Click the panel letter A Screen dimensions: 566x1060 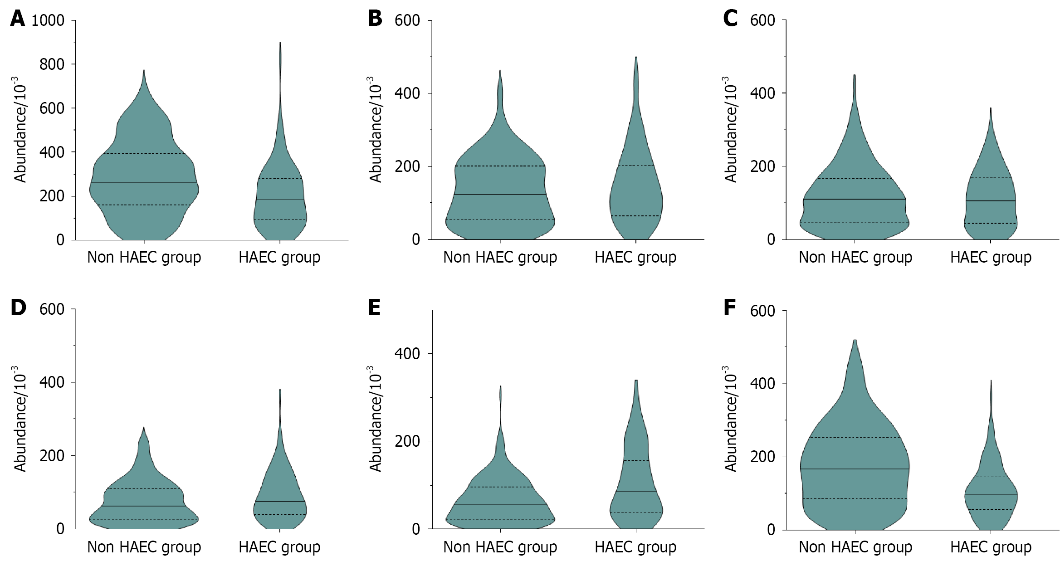(x=17, y=19)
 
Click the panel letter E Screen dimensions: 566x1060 (x=374, y=308)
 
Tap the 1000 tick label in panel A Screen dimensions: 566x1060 (x=48, y=21)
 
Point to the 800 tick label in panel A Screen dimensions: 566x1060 (x=52, y=64)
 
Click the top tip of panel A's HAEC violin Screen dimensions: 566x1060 (x=280, y=44)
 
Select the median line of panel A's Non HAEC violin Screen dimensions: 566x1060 (x=144, y=182)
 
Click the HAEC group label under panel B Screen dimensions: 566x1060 (x=635, y=258)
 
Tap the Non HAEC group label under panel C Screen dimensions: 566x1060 (x=855, y=258)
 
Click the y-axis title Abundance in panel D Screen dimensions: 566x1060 (x=20, y=417)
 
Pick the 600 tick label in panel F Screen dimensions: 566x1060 (x=762, y=311)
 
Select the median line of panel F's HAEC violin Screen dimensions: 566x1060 (x=991, y=495)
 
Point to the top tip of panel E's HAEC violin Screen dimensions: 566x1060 (x=636, y=381)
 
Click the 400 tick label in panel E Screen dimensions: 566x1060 (x=407, y=354)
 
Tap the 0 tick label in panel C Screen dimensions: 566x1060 (x=771, y=240)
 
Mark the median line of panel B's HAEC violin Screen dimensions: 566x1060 (x=635, y=193)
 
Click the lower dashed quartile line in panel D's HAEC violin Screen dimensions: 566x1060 (x=279, y=514)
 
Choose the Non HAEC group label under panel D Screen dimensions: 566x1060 (x=144, y=547)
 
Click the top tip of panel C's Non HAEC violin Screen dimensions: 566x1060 (x=855, y=75)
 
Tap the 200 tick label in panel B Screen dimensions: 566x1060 (x=407, y=167)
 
